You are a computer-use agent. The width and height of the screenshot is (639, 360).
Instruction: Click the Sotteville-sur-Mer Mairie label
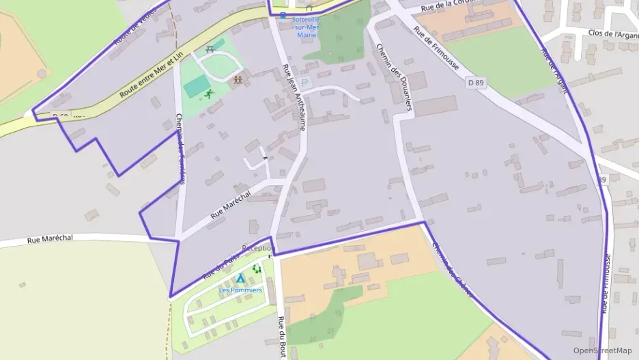point(307,27)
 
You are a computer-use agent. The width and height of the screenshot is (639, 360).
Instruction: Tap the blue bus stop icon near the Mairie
point(283,16)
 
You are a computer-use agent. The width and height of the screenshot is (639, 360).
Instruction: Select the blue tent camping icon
point(240,278)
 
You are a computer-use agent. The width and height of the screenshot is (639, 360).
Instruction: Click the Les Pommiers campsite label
point(240,290)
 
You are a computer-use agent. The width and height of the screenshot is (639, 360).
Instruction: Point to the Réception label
point(257,248)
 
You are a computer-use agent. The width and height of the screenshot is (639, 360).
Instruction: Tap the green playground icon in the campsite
point(257,269)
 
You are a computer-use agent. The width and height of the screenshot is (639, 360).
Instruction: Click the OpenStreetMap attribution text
point(602,350)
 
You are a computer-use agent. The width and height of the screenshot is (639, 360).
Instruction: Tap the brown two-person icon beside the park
point(238,80)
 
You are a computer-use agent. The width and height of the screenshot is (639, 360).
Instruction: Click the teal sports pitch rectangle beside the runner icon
point(197,86)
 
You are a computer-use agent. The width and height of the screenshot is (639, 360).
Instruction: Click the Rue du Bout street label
point(281,337)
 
